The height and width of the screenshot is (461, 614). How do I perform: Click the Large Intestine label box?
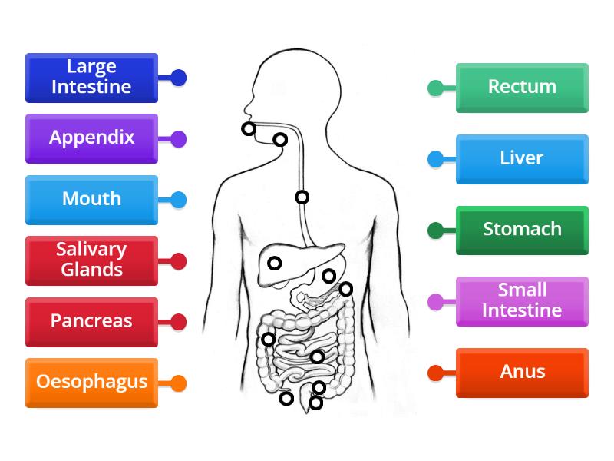tap(91, 78)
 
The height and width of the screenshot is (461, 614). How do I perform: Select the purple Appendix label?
tap(91, 138)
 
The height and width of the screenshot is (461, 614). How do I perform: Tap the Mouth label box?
tap(91, 200)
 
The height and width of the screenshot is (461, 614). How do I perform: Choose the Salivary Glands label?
tap(91, 260)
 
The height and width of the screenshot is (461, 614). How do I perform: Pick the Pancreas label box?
tap(91, 322)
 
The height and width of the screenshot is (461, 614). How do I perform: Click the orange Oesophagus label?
tap(91, 383)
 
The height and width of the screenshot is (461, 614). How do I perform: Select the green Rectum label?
tap(522, 88)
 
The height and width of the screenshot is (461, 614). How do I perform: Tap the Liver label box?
tap(522, 159)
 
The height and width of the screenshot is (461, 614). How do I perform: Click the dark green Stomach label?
tap(522, 230)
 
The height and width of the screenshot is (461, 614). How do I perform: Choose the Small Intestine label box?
tap(522, 301)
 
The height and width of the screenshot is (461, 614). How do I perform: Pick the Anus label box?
tap(522, 373)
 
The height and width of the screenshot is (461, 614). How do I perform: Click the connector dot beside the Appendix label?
tap(178, 139)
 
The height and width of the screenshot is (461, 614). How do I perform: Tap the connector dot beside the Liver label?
tap(435, 159)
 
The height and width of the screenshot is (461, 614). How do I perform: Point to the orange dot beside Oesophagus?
tap(178, 383)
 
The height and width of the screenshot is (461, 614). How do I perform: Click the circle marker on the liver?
tap(274, 264)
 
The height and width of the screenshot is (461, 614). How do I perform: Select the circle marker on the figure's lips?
tap(249, 129)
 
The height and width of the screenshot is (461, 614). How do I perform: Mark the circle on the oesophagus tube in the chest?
tap(302, 197)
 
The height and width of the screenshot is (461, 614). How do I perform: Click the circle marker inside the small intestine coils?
tap(317, 357)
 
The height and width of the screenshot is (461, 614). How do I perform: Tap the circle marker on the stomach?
tap(328, 276)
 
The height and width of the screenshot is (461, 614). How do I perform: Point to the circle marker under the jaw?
tap(281, 140)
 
